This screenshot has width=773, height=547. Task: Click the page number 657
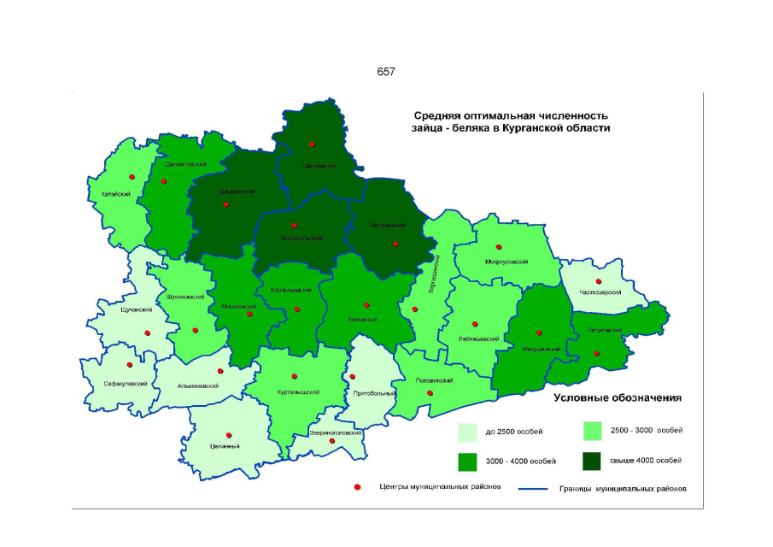386,72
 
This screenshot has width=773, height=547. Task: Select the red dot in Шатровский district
312,144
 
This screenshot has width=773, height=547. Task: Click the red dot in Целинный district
228,435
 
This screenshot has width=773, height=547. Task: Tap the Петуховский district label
604,330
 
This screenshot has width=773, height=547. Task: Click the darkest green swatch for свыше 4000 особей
594,461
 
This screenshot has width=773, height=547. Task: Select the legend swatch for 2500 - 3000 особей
594,430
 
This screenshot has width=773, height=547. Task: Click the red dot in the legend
356,487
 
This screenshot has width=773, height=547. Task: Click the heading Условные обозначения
621,398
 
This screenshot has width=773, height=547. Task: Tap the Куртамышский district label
299,392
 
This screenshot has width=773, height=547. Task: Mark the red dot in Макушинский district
539,333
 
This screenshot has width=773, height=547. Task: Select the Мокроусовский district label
506,262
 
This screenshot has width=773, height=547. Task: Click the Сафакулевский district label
126,384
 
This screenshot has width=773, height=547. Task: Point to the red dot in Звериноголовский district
332,441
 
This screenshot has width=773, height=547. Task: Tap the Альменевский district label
198,385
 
